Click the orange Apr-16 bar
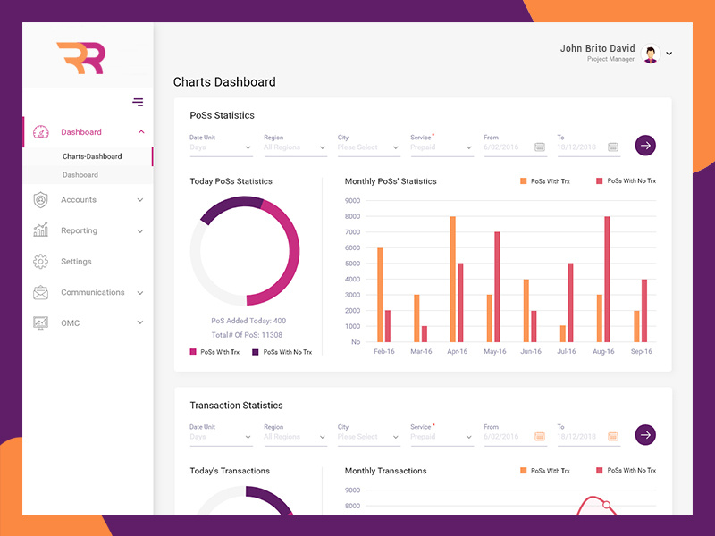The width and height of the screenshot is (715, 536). click(x=453, y=279)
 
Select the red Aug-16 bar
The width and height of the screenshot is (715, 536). click(x=607, y=279)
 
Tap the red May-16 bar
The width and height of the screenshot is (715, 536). click(x=497, y=287)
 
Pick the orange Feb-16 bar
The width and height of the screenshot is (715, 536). click(x=380, y=295)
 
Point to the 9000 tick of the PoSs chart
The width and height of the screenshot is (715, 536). click(x=352, y=200)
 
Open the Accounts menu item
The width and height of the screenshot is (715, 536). click(x=79, y=200)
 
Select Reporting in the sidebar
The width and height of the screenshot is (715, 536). click(x=79, y=230)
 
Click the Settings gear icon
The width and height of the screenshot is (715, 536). click(x=40, y=262)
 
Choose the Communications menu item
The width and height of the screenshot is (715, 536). click(x=92, y=292)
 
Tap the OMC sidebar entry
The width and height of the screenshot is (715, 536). click(x=71, y=323)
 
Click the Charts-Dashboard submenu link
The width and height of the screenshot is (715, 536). click(x=92, y=156)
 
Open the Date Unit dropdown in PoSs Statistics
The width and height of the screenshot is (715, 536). click(x=221, y=147)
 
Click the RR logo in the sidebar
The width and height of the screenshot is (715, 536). click(x=80, y=58)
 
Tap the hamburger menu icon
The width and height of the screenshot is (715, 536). click(x=138, y=102)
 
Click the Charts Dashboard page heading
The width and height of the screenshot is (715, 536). click(x=224, y=82)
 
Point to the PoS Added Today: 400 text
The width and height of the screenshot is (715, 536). click(x=248, y=321)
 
